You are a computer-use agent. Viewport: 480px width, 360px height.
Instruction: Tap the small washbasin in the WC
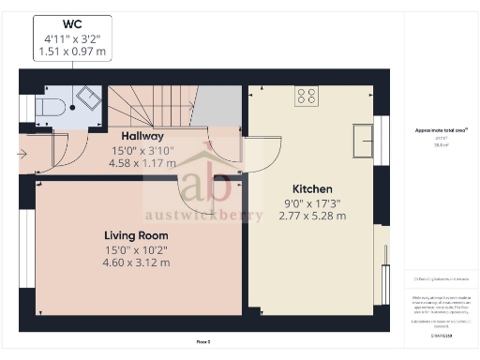click(90, 98)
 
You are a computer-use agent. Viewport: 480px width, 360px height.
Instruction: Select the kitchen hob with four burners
click(307, 95)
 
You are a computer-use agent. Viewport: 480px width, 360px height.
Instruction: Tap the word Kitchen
click(312, 188)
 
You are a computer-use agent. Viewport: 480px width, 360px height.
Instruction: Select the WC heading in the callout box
click(71, 23)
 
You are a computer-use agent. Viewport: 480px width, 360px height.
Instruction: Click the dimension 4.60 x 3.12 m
click(137, 262)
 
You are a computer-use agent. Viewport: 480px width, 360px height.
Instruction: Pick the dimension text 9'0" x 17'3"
click(312, 202)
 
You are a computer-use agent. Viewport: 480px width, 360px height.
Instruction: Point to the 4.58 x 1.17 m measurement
click(136, 162)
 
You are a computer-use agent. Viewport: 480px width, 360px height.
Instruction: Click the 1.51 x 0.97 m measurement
click(71, 52)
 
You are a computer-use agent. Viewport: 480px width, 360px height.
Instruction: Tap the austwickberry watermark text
click(203, 209)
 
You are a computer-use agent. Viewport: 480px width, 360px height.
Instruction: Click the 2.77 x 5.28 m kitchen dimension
click(312, 216)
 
